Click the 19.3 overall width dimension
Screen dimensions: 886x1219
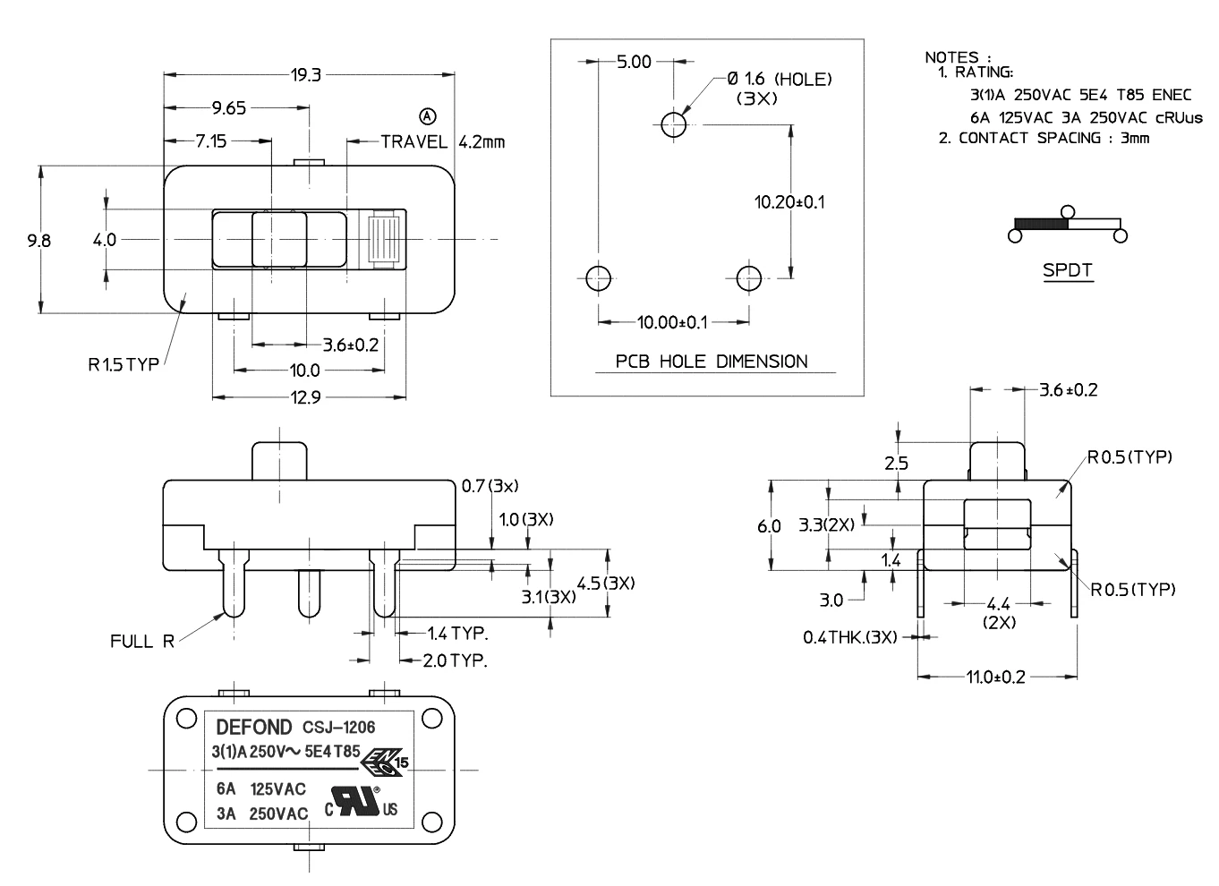tap(305, 75)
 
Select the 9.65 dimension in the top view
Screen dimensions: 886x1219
tap(228, 108)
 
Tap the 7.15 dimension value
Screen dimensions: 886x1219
tap(211, 141)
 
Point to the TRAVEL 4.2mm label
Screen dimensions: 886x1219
tap(442, 141)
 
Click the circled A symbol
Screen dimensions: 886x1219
tap(427, 116)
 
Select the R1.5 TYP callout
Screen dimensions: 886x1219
tap(124, 364)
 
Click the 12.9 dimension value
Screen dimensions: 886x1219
tap(304, 397)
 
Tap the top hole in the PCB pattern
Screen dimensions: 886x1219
tap(674, 124)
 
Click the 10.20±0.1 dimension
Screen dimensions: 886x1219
tap(789, 202)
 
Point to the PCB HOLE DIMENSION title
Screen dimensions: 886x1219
tap(712, 362)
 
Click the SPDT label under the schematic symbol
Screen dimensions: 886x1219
tap(1067, 269)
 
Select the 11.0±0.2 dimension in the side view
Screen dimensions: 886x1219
tap(995, 677)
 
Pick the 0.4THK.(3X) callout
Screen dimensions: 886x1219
tap(849, 637)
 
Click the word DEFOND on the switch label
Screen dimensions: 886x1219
tap(254, 727)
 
